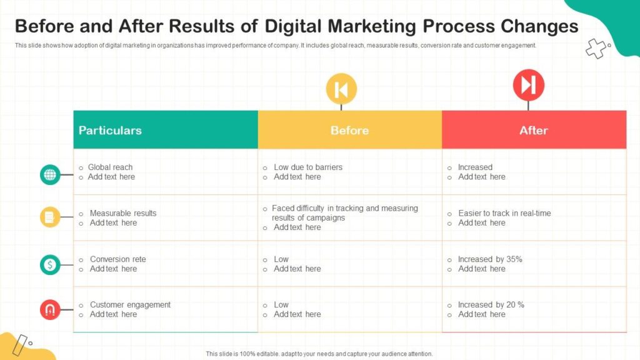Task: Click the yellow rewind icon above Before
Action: (341, 89)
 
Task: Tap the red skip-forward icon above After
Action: (529, 85)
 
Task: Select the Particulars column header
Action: (110, 130)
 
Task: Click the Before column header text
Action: (350, 130)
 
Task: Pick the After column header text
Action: (534, 130)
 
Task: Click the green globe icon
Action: (50, 175)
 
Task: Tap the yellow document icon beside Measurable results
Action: (50, 217)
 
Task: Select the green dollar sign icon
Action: (50, 264)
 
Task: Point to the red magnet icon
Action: (50, 309)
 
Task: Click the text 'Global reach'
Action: (110, 167)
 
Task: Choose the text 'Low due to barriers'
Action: (308, 167)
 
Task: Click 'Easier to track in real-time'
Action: (504, 213)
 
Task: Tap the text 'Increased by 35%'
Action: (490, 259)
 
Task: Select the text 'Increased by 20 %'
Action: (491, 304)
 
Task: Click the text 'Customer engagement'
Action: (130, 304)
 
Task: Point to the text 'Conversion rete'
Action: (118, 259)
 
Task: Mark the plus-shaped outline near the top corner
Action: (596, 48)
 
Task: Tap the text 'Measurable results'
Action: (123, 213)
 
